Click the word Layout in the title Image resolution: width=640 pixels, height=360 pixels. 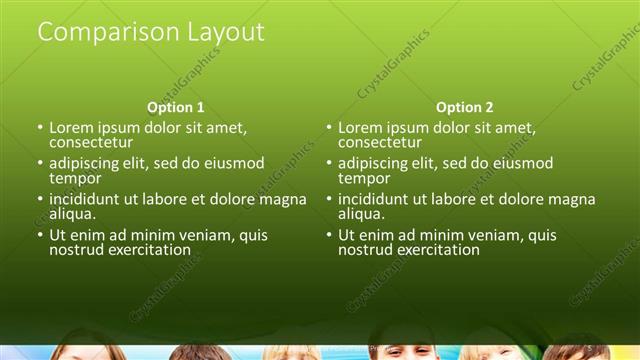(x=226, y=32)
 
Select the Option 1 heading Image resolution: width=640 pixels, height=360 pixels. (x=176, y=107)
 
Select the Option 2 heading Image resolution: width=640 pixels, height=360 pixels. (x=465, y=107)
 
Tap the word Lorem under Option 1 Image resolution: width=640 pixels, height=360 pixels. (x=72, y=128)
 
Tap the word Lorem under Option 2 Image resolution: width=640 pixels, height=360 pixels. (x=361, y=128)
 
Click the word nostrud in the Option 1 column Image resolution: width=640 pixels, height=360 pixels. (x=75, y=249)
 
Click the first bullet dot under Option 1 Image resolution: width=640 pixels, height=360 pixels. (x=41, y=128)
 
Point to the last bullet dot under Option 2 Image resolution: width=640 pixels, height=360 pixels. (x=330, y=235)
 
